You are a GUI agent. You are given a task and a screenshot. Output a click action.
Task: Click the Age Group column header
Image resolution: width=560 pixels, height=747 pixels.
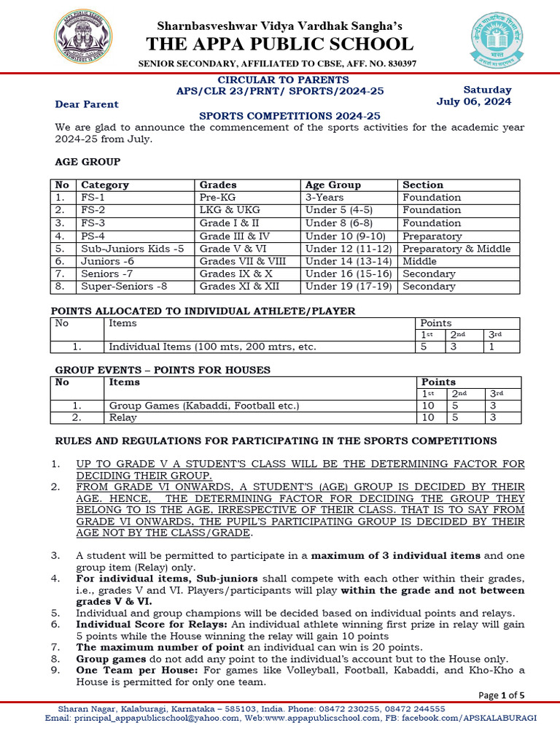coord(333,185)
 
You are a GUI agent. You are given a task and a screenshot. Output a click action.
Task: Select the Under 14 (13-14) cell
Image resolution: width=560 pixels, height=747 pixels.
coord(347,261)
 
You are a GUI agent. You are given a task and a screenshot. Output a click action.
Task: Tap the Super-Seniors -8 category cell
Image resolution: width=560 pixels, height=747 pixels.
coord(117,287)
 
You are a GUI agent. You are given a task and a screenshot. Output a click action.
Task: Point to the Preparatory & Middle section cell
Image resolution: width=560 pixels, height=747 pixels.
coord(456,249)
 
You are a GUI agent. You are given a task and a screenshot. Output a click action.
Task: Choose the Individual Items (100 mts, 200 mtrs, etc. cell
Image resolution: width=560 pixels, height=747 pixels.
coord(212,347)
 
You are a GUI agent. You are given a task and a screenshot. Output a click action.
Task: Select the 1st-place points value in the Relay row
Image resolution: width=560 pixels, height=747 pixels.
coord(428,418)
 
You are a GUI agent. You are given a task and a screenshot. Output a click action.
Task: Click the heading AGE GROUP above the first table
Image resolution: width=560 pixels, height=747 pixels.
coord(88,162)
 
